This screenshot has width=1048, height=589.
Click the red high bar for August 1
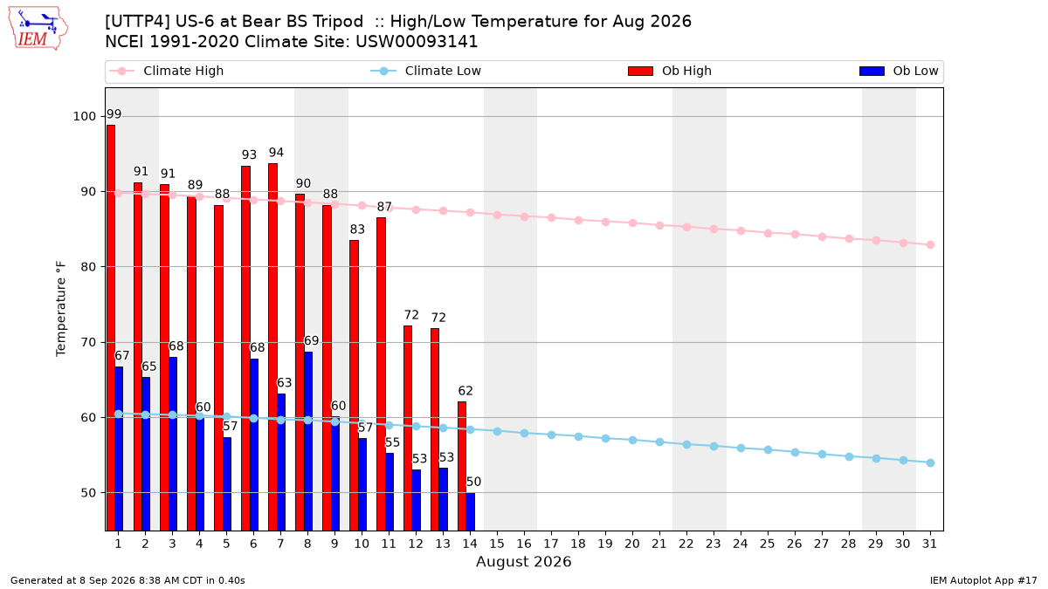(x=111, y=328)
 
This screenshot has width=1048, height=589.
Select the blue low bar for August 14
(x=470, y=512)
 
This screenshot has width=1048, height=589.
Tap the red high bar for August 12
(x=408, y=428)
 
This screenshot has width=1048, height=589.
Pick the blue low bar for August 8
(x=307, y=442)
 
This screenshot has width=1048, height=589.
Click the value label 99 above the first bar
(x=114, y=114)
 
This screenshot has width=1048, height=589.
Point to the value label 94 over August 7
(x=276, y=153)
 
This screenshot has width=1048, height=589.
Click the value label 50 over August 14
(x=473, y=482)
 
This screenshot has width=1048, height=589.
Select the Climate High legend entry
(x=166, y=71)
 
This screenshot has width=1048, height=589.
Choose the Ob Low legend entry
(x=899, y=71)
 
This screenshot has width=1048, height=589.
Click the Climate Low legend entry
(x=425, y=71)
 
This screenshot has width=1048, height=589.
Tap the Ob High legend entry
(x=670, y=71)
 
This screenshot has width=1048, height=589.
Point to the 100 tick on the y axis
(x=84, y=116)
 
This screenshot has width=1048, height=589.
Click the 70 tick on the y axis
(x=88, y=342)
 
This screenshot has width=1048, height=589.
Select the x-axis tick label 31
(x=929, y=544)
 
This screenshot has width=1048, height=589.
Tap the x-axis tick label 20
(x=632, y=544)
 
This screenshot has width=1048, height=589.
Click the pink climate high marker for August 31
(x=930, y=244)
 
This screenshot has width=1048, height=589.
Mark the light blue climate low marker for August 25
(x=768, y=449)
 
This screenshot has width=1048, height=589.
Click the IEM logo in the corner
(x=38, y=29)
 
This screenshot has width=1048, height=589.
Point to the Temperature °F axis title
(x=61, y=309)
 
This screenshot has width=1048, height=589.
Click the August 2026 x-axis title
(x=523, y=561)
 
